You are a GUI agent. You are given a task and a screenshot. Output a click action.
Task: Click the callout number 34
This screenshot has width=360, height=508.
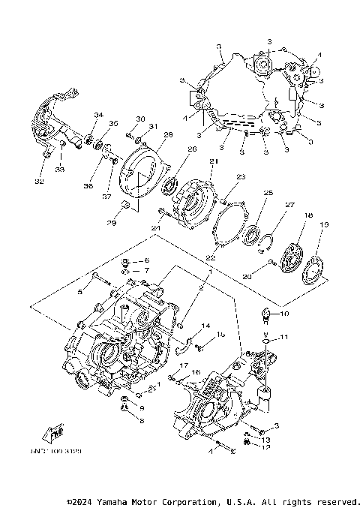[x=97, y=115]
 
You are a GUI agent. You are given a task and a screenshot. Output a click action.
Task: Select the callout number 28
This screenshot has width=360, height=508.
[x=168, y=134]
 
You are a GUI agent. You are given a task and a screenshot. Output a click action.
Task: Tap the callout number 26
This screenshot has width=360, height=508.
[x=191, y=149]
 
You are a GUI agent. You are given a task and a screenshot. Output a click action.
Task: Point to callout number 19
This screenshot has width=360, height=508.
[x=325, y=224]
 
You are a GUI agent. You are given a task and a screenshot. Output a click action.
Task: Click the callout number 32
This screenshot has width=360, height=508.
[x=38, y=182]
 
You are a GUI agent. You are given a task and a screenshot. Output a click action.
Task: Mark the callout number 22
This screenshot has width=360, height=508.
[x=211, y=257]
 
